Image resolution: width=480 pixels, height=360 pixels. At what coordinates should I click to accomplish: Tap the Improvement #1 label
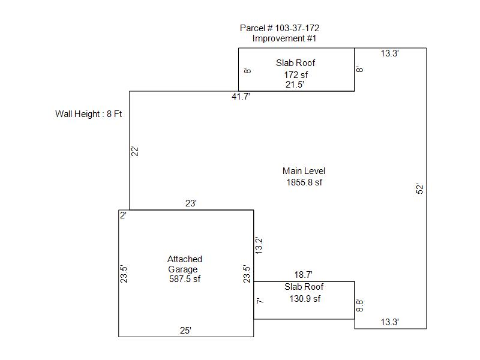point(284,38)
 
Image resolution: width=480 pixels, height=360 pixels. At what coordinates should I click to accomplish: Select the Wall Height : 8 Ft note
point(88,113)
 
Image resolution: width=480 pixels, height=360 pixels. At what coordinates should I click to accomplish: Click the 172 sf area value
point(296,75)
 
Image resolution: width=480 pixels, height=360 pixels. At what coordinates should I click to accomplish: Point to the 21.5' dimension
point(295,85)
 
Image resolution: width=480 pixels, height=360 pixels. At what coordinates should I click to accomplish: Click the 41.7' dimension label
point(241,97)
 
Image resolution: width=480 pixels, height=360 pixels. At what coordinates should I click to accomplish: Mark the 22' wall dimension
point(136,151)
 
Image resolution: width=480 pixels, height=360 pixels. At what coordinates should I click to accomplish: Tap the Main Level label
point(304,171)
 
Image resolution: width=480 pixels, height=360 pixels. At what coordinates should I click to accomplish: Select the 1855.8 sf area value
point(304,182)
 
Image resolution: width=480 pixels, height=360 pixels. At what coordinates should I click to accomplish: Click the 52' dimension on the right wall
point(421,188)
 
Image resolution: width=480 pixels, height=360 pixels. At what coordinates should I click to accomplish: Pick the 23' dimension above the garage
point(191,203)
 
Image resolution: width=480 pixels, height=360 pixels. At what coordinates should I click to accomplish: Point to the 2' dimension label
point(123,215)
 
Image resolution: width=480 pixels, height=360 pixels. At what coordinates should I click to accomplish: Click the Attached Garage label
point(184,264)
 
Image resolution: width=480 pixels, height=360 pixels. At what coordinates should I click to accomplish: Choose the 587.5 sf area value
point(185,279)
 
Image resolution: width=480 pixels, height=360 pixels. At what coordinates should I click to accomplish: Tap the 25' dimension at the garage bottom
point(186,330)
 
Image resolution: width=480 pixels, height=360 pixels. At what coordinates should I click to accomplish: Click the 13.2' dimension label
point(259,245)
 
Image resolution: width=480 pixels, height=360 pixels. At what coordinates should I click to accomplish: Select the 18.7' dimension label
point(303,274)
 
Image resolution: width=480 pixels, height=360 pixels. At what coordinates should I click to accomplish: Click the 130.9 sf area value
point(304,299)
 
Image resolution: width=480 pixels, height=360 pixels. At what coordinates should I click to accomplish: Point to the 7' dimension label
point(259,301)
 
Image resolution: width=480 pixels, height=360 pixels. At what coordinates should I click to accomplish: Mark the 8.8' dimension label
point(360,305)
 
